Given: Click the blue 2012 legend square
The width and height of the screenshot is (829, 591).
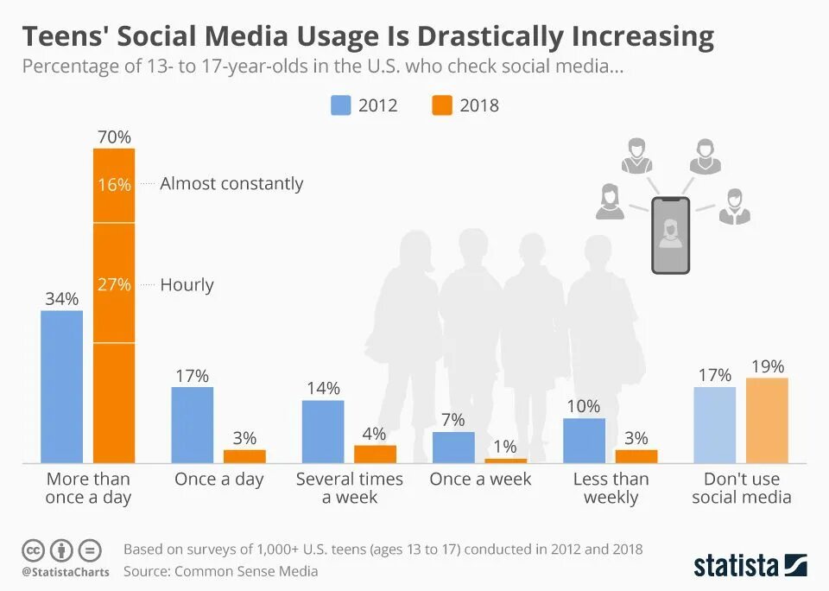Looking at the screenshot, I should pos(341,105).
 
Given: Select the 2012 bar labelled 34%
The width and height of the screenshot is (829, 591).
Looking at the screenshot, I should pos(62,386).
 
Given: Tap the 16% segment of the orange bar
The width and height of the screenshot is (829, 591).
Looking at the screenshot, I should pos(114,185).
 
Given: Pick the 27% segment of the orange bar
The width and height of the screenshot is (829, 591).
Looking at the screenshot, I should pos(114,283).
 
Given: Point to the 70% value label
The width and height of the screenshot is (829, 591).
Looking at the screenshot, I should pos(114,137).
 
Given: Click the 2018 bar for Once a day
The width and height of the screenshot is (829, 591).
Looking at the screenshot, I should pos(244,456).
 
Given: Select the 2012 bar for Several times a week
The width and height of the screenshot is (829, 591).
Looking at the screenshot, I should pos(323,431).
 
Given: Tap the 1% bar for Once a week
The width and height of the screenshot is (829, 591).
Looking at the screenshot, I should pos(505,461).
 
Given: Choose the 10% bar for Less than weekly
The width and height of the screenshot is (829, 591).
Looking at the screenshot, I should pos(584,441).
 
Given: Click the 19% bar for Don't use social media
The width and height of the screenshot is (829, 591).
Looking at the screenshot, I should pos(767,420).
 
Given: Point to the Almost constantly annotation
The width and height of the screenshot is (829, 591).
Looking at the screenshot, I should pos(231,183).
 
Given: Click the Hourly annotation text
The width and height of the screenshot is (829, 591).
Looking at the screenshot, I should pos(187,284).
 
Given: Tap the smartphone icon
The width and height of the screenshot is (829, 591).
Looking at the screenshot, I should pos(670,235).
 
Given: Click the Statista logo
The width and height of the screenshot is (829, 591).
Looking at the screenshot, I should pos(750,565).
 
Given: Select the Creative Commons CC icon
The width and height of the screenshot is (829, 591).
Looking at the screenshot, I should pos(33,550).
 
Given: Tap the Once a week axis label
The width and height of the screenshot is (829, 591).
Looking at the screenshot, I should pos(480,479).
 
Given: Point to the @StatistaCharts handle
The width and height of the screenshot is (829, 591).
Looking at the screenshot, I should pos(66,572).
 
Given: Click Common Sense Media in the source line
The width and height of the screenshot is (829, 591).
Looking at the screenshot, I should pos(246,571).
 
